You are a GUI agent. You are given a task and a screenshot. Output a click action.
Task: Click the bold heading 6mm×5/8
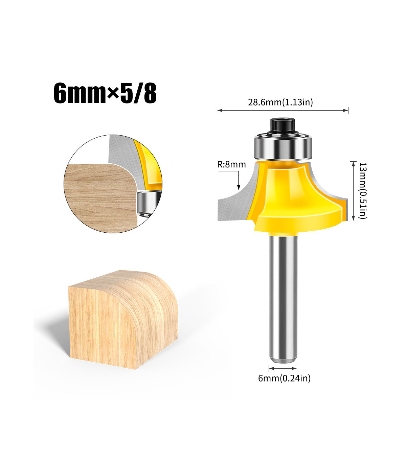click(105, 93)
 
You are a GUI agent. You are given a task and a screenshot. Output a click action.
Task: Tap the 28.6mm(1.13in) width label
click(280, 102)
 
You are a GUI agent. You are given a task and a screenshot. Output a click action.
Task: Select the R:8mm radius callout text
click(231, 164)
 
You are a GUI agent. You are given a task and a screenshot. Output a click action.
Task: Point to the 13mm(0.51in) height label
click(363, 190)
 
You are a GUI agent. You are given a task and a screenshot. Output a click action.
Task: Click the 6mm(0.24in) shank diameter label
click(284, 378)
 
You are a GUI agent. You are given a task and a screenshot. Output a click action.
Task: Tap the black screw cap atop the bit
click(283, 127)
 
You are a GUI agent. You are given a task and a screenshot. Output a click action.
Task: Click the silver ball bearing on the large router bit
click(283, 148)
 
